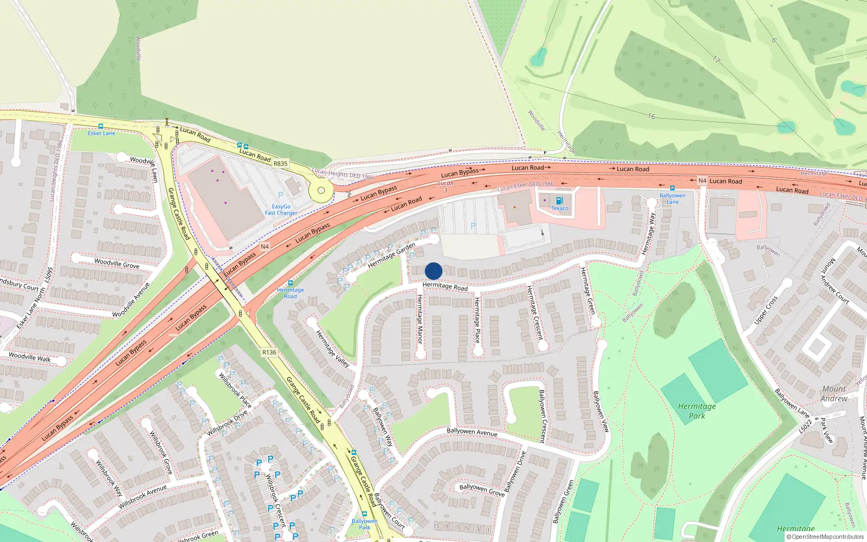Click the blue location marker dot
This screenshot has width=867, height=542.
click(x=433, y=271)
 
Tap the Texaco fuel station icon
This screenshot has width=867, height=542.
click(x=559, y=201)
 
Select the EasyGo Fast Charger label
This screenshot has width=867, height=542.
click(x=281, y=210)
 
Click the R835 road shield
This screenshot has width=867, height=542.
click(x=280, y=163)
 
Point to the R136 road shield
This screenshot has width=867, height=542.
click(x=269, y=352)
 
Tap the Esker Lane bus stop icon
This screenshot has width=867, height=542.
click(x=100, y=126)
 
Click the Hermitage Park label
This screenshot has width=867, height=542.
click(x=697, y=411)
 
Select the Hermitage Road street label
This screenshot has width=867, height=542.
click(x=445, y=286)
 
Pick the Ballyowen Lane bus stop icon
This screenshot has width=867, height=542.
click(x=672, y=188)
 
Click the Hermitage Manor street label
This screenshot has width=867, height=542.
click(x=419, y=319)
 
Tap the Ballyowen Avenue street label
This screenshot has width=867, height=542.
click(x=471, y=431)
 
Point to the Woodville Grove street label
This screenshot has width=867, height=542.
click(x=117, y=263)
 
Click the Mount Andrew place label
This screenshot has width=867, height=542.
click(x=834, y=393)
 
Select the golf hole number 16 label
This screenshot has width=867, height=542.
click(x=651, y=116)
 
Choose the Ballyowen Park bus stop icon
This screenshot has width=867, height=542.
click(x=365, y=514)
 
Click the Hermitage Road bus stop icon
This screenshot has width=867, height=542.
click(x=290, y=283)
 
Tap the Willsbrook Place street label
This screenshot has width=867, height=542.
click(x=235, y=389)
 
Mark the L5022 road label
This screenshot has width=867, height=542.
click(x=806, y=426)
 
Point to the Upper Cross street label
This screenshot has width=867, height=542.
click(x=766, y=311)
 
